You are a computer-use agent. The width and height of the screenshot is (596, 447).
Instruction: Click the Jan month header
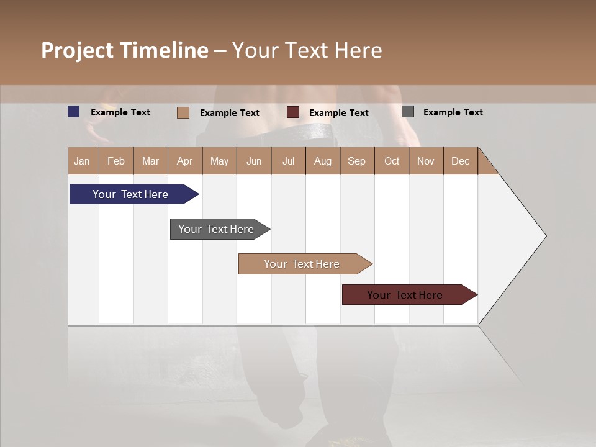pyautogui.click(x=82, y=161)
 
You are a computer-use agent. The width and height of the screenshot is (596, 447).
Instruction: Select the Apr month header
pyautogui.click(x=184, y=161)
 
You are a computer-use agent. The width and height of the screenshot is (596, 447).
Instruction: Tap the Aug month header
pyautogui.click(x=322, y=161)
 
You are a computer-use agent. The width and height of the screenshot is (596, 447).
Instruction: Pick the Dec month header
pyautogui.click(x=460, y=161)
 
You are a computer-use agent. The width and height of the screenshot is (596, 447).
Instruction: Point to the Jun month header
pyautogui.click(x=253, y=161)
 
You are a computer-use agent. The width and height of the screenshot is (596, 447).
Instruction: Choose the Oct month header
pyautogui.click(x=392, y=161)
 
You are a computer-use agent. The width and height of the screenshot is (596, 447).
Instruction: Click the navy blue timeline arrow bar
pyautogui.click(x=130, y=194)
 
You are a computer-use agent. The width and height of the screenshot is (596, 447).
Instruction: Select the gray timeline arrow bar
pyautogui.click(x=216, y=229)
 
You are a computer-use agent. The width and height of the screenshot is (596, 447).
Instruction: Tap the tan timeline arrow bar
pyautogui.click(x=302, y=264)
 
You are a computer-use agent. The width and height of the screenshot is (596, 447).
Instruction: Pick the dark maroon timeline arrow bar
pyautogui.click(x=405, y=295)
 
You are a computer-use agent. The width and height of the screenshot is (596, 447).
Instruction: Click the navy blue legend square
pyautogui.click(x=74, y=112)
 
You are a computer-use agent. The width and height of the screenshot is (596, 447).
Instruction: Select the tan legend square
pyautogui.click(x=183, y=112)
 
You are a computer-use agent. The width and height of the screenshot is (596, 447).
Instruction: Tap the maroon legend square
pyautogui.click(x=293, y=112)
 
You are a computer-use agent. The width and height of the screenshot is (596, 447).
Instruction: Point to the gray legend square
pyautogui.click(x=408, y=112)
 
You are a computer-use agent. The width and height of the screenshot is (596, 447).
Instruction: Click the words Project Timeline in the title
pyautogui.click(x=124, y=50)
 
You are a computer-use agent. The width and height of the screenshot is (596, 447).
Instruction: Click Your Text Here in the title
pyautogui.click(x=307, y=50)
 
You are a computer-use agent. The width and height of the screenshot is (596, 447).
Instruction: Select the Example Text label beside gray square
pyautogui.click(x=453, y=112)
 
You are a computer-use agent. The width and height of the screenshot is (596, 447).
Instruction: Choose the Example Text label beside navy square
pyautogui.click(x=120, y=112)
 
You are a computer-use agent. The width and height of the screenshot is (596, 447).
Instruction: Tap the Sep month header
pyautogui.click(x=356, y=161)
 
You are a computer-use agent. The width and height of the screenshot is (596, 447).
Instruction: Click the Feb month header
pyautogui.click(x=116, y=161)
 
